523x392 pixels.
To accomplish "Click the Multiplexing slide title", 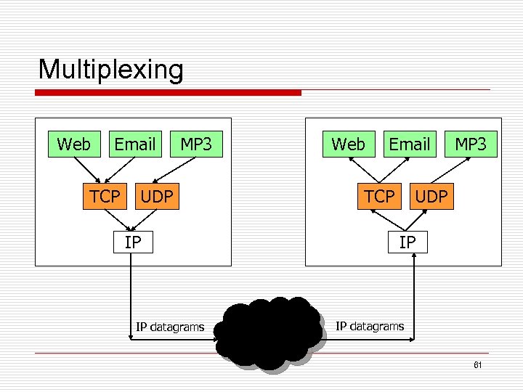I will [x=110, y=70].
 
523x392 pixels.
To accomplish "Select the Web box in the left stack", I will [x=73, y=144].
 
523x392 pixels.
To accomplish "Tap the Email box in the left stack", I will [x=135, y=144].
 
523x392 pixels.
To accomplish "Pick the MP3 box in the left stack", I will [x=196, y=144].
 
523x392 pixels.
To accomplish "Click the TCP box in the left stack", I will [x=105, y=196].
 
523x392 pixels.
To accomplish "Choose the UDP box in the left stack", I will [x=157, y=196].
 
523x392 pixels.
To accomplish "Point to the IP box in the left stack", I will [x=132, y=242].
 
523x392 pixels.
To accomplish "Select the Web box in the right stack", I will [x=348, y=144].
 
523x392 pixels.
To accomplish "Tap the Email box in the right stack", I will [x=410, y=144].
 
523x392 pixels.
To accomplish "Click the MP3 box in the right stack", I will [x=471, y=144].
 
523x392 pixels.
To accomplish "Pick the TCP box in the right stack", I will [x=379, y=196].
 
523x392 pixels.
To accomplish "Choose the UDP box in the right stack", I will [x=431, y=196].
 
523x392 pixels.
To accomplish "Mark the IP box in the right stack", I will [x=407, y=242].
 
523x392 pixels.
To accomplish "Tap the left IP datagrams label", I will [x=170, y=327].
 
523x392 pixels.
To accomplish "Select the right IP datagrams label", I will [x=369, y=326].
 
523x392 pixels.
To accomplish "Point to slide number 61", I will [x=477, y=365].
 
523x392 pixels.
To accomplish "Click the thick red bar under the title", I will [x=169, y=93].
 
